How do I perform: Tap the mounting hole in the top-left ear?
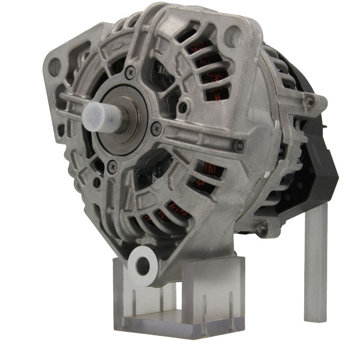55,67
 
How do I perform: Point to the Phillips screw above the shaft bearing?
130,71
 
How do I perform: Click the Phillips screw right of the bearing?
156,129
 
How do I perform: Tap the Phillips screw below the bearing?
112,167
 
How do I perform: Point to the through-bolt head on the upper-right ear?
309,102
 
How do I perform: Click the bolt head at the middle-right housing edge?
239,145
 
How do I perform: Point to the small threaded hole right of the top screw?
183,108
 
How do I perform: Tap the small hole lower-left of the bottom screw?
96,183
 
